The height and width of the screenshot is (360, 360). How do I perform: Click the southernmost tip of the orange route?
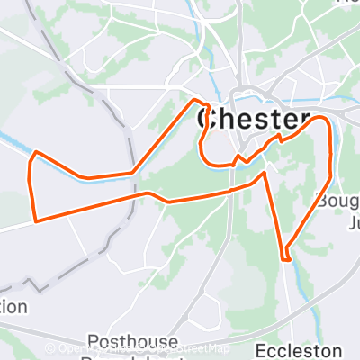click(x=286, y=259)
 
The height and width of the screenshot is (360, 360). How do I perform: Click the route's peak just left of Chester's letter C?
click(x=196, y=100)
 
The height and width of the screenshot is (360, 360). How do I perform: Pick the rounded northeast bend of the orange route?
click(x=324, y=121)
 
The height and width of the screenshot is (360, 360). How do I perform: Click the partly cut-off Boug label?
click(x=337, y=199)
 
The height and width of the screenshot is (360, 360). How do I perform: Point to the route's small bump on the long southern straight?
click(x=149, y=193)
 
